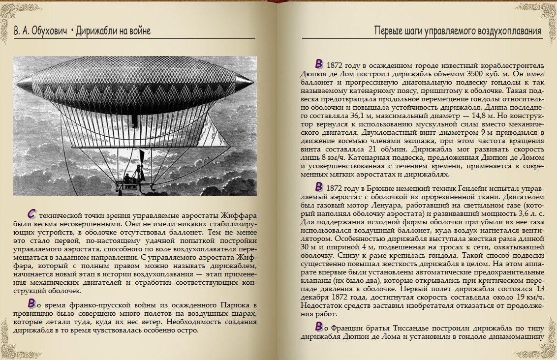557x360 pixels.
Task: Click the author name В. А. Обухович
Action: (x=40, y=31)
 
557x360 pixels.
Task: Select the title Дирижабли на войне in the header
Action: (x=114, y=31)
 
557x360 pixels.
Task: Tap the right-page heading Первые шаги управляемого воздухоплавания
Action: (x=458, y=31)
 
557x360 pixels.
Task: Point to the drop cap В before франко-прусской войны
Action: (x=31, y=302)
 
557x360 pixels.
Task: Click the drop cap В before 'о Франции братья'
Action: (x=319, y=326)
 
